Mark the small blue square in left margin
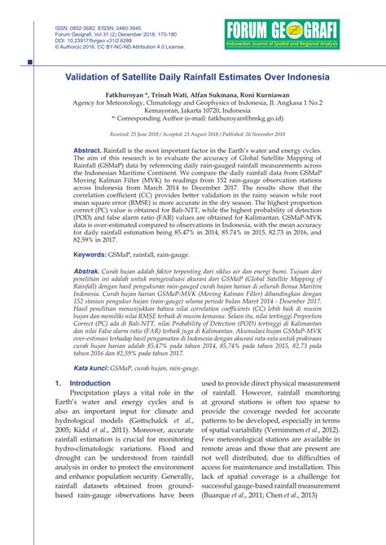[x=30, y=62]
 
